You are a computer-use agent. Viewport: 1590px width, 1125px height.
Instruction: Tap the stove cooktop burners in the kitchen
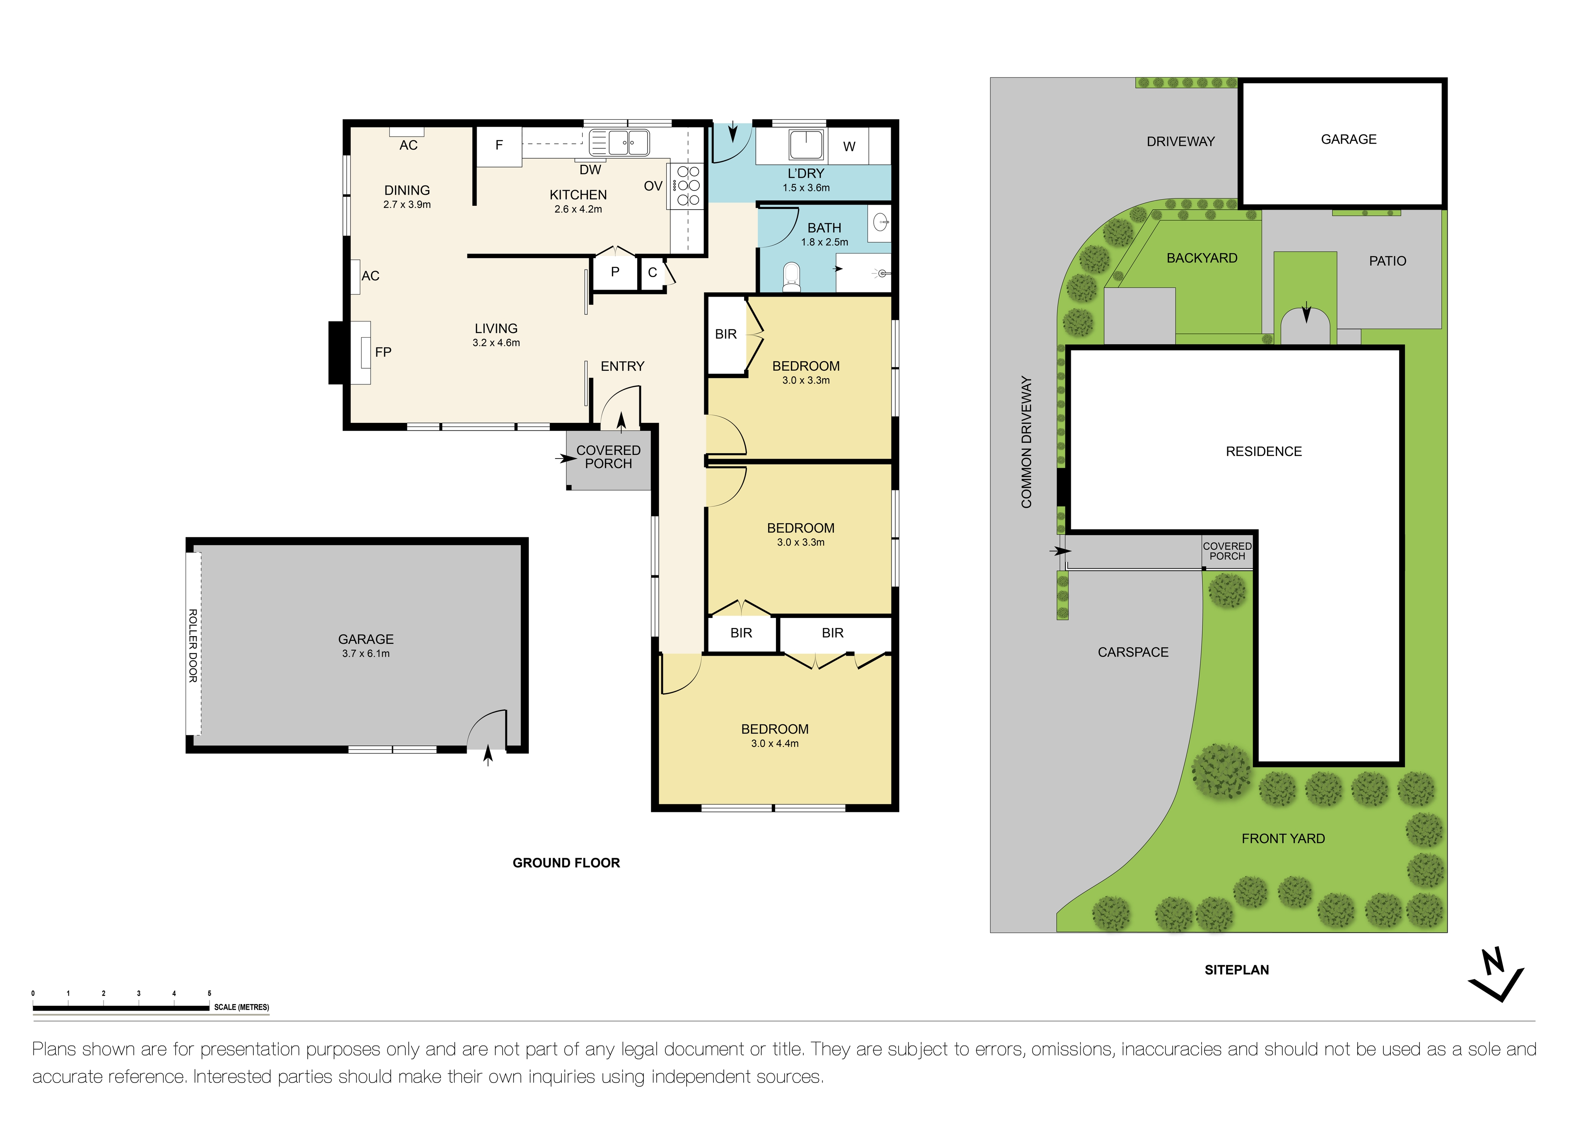click(688, 186)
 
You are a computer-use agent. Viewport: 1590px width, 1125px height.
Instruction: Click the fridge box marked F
click(499, 145)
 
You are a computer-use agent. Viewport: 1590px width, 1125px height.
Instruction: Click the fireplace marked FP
click(364, 352)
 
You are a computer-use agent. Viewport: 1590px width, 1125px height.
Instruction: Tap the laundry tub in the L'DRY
click(806, 145)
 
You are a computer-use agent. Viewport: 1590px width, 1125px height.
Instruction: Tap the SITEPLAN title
click(1236, 970)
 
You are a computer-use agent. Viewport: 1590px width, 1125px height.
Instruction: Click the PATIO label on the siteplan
click(1387, 261)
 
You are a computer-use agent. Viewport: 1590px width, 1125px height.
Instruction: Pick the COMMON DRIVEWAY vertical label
click(1026, 442)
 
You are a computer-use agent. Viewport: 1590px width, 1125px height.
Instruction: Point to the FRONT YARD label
click(1282, 839)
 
